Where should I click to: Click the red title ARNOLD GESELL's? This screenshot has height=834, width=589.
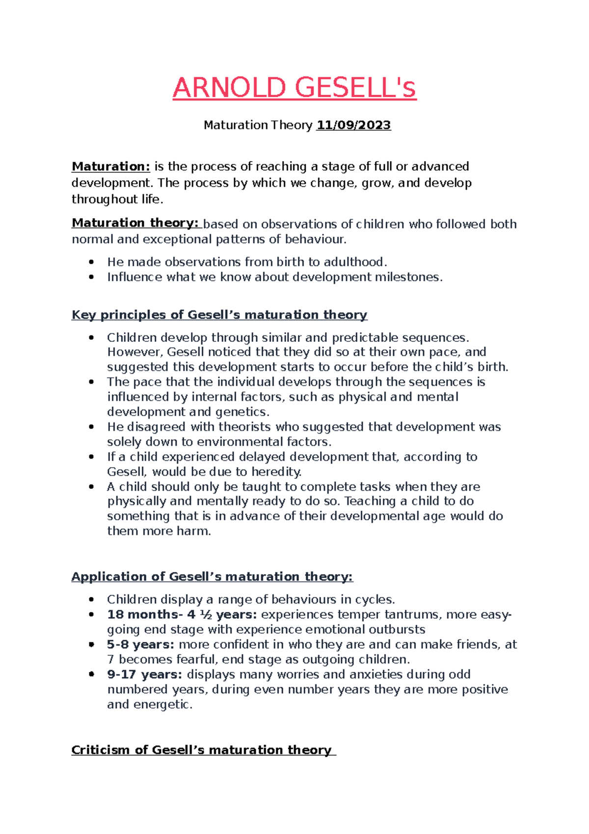tap(294, 88)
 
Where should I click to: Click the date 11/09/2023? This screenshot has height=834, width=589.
tap(353, 125)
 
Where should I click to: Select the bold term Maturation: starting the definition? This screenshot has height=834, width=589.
tap(111, 167)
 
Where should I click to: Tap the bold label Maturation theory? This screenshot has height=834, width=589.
tap(135, 223)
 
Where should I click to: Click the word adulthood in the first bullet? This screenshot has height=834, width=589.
tap(351, 262)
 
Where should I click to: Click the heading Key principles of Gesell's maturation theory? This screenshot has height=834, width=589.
tap(219, 315)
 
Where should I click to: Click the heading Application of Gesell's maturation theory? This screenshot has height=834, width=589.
tap(212, 577)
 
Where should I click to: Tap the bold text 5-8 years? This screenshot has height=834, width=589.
tap(140, 644)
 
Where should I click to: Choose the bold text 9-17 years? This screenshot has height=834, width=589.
tap(144, 674)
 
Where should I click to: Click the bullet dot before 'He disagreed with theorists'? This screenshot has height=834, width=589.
tap(91, 427)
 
